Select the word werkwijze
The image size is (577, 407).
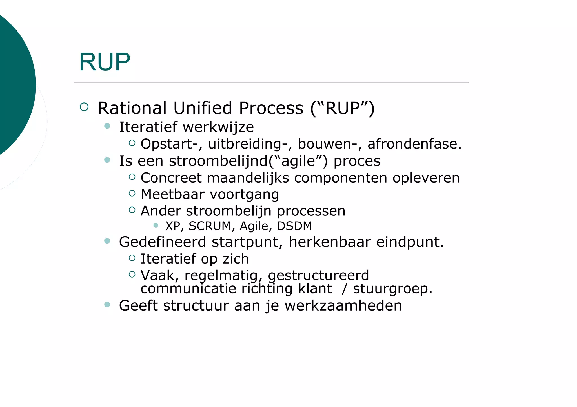[x=218, y=127]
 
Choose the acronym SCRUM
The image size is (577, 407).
[x=210, y=226]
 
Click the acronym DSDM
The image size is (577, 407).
[x=294, y=226]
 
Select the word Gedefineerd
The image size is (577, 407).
[x=162, y=242]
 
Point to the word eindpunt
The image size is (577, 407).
[x=410, y=242]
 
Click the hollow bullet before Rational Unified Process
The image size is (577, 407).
[x=84, y=107]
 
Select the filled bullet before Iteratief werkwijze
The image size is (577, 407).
[x=107, y=126]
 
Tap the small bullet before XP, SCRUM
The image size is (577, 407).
[x=156, y=225]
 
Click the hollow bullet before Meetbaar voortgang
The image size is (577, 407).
[x=132, y=193]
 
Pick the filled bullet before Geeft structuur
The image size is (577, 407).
[x=107, y=304]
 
